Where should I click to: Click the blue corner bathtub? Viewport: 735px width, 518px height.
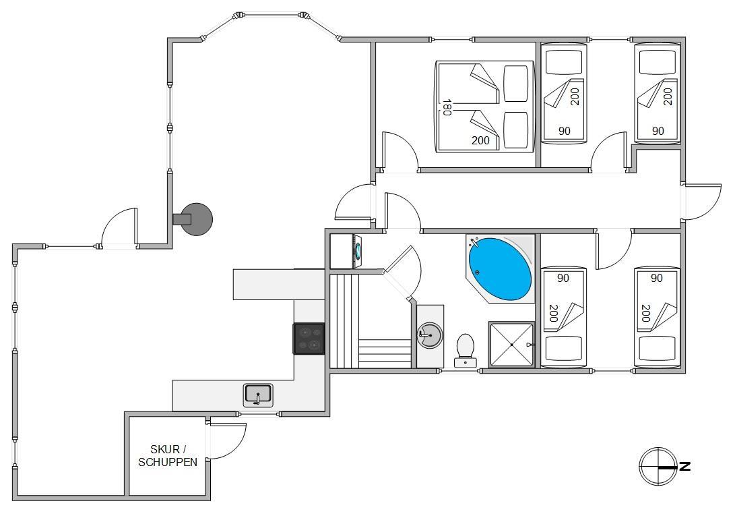pos(500,269)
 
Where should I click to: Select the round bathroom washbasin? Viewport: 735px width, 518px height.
pos(429,335)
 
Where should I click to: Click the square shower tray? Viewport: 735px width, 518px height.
pos(511,345)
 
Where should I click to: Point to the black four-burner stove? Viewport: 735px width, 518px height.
pos(309,339)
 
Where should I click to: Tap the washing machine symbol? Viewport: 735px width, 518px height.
pos(346,251)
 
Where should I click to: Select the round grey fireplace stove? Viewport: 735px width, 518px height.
pos(197,219)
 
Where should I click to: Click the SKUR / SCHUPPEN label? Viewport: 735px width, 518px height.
pos(168,455)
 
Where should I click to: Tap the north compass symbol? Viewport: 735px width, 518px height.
pos(659,466)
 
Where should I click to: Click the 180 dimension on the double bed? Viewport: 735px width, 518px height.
pos(447,107)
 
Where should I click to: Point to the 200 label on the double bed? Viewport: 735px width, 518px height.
pos(480,140)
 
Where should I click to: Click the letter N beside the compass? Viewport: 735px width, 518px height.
pos(685,466)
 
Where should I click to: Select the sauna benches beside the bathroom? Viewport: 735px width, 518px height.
pos(371,321)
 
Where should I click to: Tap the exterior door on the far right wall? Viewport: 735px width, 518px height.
pos(702,202)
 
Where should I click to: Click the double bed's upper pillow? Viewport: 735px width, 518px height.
pos(515,84)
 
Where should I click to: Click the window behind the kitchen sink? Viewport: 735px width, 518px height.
pos(258,414)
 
